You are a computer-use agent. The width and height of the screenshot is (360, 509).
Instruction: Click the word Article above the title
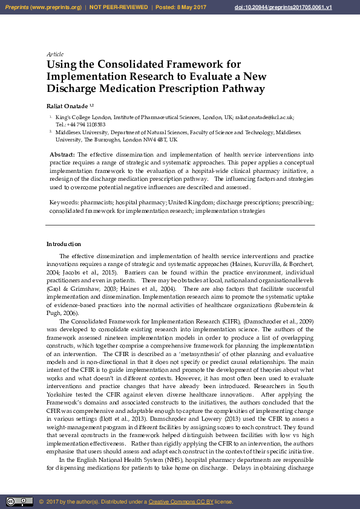click(55, 54)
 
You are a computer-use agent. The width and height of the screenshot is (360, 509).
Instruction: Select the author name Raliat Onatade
click(67, 105)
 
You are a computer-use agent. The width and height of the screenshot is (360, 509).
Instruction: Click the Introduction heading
click(64, 244)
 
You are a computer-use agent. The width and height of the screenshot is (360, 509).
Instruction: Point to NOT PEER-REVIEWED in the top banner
click(119, 7)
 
